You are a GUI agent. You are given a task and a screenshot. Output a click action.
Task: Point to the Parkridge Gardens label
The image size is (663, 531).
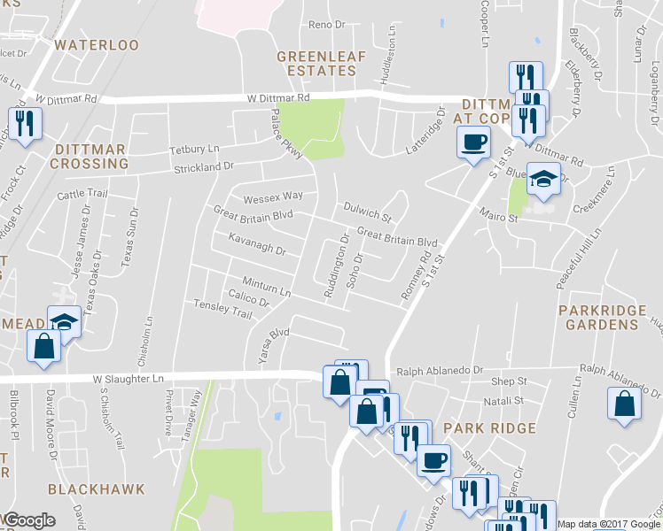(x=598, y=318)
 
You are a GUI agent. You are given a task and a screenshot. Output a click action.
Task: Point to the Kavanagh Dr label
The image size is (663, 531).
(x=256, y=244)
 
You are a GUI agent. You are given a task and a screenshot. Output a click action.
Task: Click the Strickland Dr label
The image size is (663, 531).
(x=204, y=165)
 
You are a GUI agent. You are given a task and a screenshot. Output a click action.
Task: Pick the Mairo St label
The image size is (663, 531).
(x=500, y=218)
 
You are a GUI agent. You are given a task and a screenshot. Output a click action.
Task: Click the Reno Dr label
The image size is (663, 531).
(x=326, y=25)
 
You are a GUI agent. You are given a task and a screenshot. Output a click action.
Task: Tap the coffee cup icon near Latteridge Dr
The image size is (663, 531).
(x=473, y=141)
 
